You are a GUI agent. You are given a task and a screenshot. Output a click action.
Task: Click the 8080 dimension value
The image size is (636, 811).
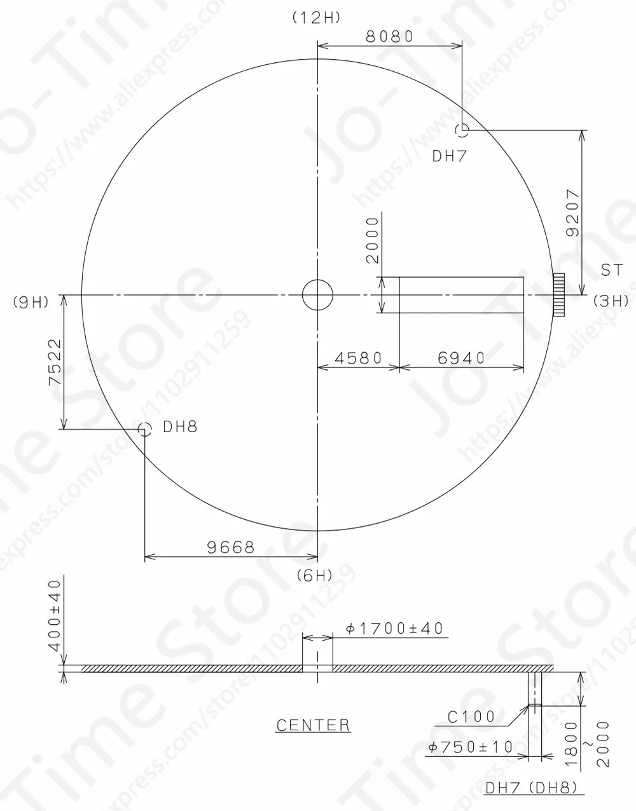click(389, 36)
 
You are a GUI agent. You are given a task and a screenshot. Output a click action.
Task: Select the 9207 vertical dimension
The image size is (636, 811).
click(572, 212)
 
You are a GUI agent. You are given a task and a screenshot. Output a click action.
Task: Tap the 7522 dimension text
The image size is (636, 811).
click(55, 362)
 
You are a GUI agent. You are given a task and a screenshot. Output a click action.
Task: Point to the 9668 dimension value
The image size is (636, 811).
click(230, 547)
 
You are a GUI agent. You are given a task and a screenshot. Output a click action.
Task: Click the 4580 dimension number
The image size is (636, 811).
click(358, 358)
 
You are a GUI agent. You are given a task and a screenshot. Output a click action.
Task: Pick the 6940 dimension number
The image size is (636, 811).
click(461, 358)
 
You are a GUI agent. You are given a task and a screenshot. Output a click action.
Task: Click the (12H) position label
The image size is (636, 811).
click(316, 18)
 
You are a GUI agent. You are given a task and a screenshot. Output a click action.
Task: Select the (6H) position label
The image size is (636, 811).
click(315, 576)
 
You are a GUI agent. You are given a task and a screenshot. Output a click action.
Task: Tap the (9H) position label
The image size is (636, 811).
click(31, 302)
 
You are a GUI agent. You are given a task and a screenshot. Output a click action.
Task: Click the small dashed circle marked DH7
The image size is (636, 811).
click(462, 130)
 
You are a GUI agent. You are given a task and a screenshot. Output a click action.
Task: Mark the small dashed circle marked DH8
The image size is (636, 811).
click(145, 430)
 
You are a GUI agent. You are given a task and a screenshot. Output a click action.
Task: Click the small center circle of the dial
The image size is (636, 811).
click(317, 295)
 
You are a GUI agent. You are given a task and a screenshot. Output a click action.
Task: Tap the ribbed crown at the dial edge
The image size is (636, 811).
click(559, 295)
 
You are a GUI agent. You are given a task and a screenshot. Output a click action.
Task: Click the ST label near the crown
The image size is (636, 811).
click(611, 271)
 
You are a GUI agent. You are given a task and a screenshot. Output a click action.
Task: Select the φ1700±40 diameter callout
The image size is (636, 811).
click(394, 629)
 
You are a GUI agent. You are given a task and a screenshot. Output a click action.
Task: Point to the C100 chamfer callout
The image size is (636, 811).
click(471, 717)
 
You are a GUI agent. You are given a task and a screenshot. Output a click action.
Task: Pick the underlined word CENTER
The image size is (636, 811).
click(313, 725)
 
